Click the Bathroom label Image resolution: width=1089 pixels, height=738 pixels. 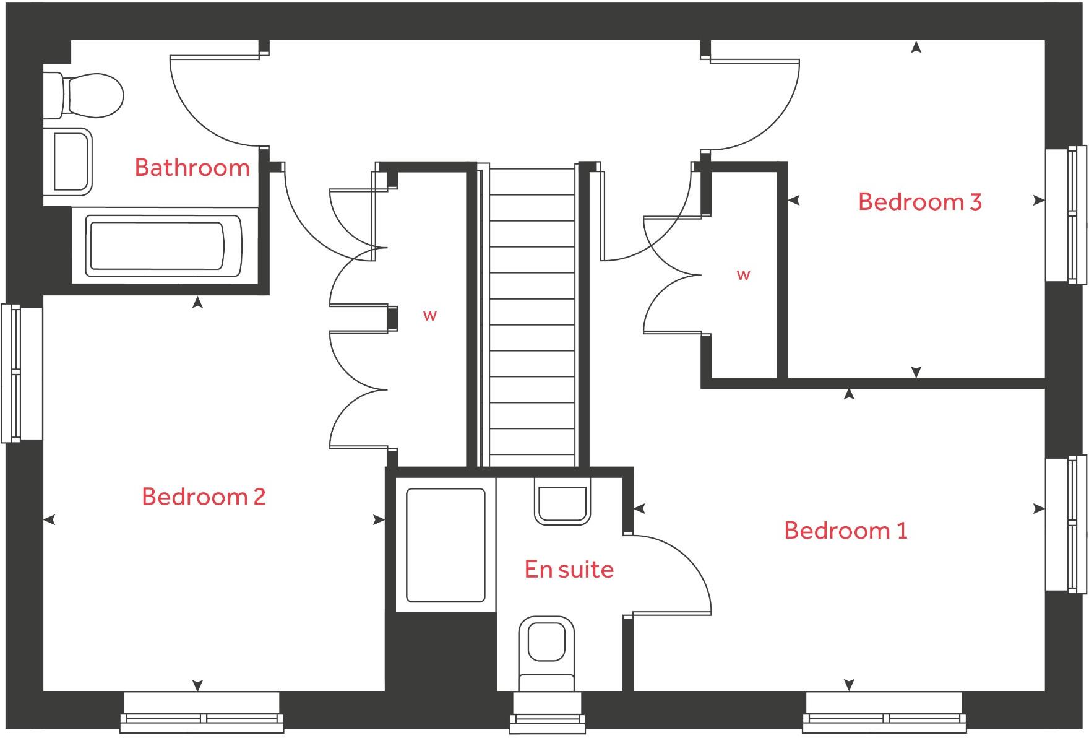click(192, 168)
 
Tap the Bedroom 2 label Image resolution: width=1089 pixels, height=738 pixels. click(204, 497)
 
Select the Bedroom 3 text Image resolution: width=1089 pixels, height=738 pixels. click(919, 202)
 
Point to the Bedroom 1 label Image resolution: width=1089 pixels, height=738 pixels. click(845, 531)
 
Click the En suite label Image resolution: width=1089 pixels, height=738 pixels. click(569, 570)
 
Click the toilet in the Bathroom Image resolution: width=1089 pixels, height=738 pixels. click(87, 96)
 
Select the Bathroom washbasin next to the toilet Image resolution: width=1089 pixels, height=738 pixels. click(69, 162)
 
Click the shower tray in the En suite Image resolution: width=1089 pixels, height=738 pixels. click(445, 545)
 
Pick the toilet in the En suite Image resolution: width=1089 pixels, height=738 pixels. click(546, 650)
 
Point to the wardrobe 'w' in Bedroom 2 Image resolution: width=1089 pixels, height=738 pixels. click(430, 316)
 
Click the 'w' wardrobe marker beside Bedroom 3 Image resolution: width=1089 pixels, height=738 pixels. click(743, 275)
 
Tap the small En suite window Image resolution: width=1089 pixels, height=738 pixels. click(547, 712)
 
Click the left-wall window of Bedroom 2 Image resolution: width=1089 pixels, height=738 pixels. click(21, 373)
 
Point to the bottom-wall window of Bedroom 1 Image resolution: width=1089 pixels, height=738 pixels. click(884, 712)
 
